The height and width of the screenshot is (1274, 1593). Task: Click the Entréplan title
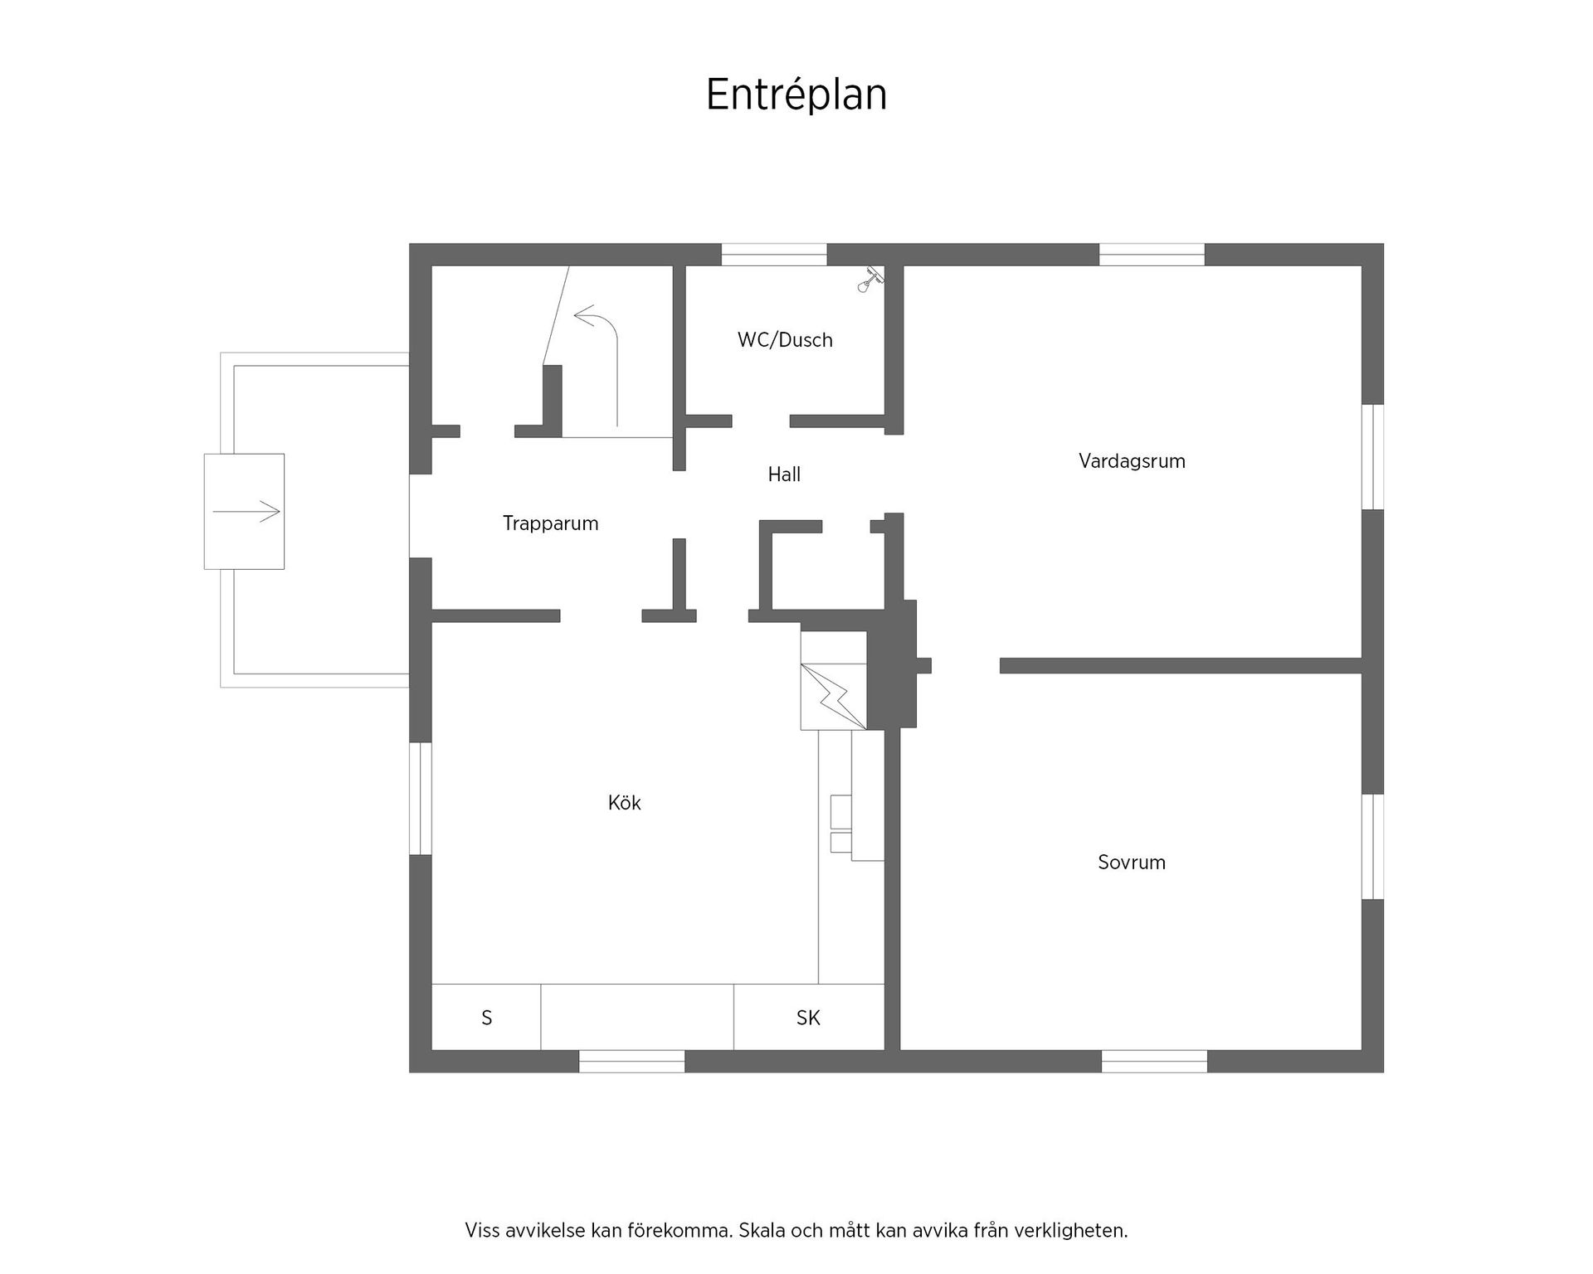pos(796,95)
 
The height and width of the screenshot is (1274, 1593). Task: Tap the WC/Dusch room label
pos(785,340)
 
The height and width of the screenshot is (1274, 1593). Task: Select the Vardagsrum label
pos(1132,462)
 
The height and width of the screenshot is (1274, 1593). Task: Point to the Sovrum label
pos(1132,863)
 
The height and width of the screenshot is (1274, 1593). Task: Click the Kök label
pos(625,803)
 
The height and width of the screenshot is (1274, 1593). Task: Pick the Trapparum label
pos(551,524)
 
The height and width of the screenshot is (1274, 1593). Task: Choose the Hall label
pos(784,474)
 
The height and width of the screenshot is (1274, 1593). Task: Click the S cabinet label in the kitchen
pos(487,1018)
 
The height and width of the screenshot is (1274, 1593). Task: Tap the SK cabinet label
pos(808,1018)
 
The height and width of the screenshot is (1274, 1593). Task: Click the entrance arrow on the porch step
pos(246,512)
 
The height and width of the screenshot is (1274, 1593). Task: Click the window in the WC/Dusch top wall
pos(774,255)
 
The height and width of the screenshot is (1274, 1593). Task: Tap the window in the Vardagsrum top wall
pos(1152,255)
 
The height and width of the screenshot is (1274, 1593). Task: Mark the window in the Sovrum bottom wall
pos(1154,1061)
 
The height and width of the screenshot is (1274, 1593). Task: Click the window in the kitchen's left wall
pos(421,798)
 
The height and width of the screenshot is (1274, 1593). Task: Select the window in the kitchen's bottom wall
pos(632,1061)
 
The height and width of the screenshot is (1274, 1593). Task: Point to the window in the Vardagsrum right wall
pos(1373,457)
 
